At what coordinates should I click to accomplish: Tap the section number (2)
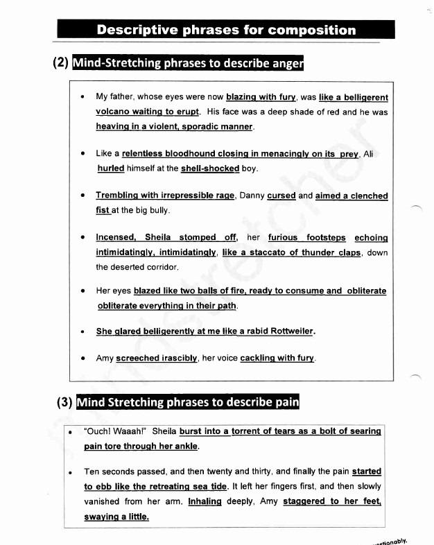click(x=61, y=64)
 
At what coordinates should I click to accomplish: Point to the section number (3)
click(x=65, y=403)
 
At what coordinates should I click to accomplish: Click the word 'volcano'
click(x=113, y=112)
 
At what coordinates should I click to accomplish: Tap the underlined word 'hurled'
click(x=111, y=168)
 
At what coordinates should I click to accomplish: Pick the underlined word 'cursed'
click(x=281, y=196)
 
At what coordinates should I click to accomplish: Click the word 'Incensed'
click(x=116, y=238)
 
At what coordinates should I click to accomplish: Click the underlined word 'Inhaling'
click(x=205, y=501)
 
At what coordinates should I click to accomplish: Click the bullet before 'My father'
click(x=82, y=98)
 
